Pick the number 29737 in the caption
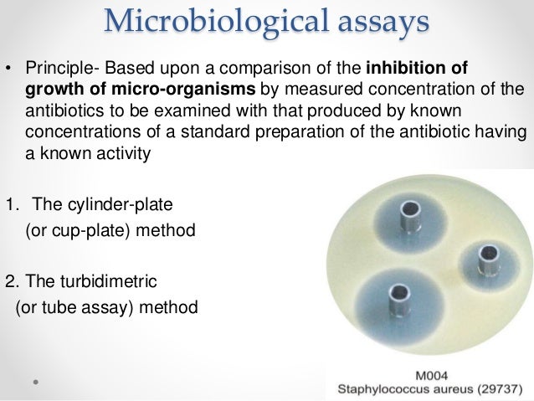click(493, 387)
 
